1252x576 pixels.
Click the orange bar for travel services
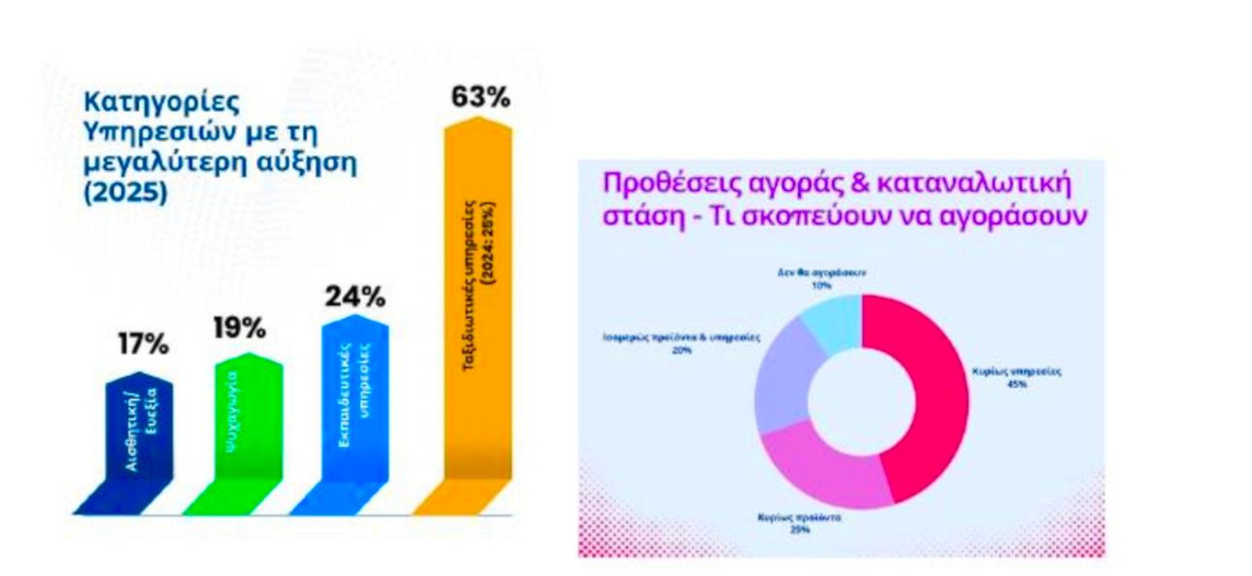click(478, 301)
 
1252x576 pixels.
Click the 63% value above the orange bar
click(480, 98)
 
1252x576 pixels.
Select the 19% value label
click(239, 328)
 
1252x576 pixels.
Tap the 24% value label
click(355, 296)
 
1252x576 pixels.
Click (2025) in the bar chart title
click(125, 192)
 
